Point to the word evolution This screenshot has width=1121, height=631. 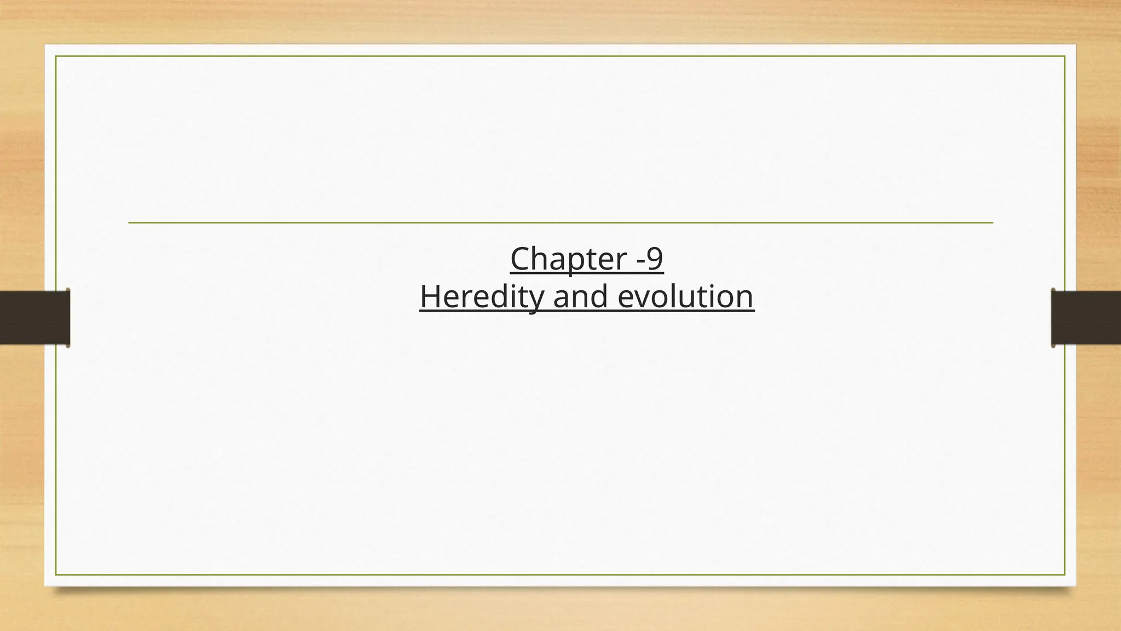686,296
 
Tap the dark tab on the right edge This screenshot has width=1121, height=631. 1085,318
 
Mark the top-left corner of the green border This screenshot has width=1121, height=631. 56,56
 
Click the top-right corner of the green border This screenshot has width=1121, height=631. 1065,56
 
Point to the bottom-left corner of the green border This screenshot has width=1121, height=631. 56,575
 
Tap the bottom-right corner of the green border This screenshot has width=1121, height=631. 1065,575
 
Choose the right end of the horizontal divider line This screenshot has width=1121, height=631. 992,223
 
